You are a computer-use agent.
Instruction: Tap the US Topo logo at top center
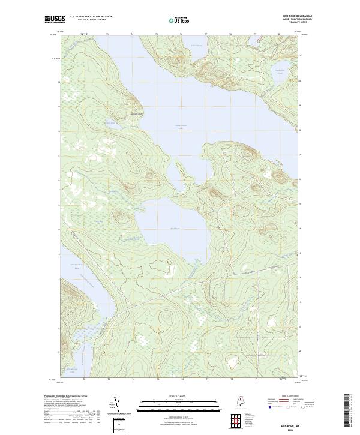click(179, 20)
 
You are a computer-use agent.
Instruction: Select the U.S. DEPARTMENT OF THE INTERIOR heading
click(91, 16)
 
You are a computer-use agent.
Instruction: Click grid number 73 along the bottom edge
click(109, 379)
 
